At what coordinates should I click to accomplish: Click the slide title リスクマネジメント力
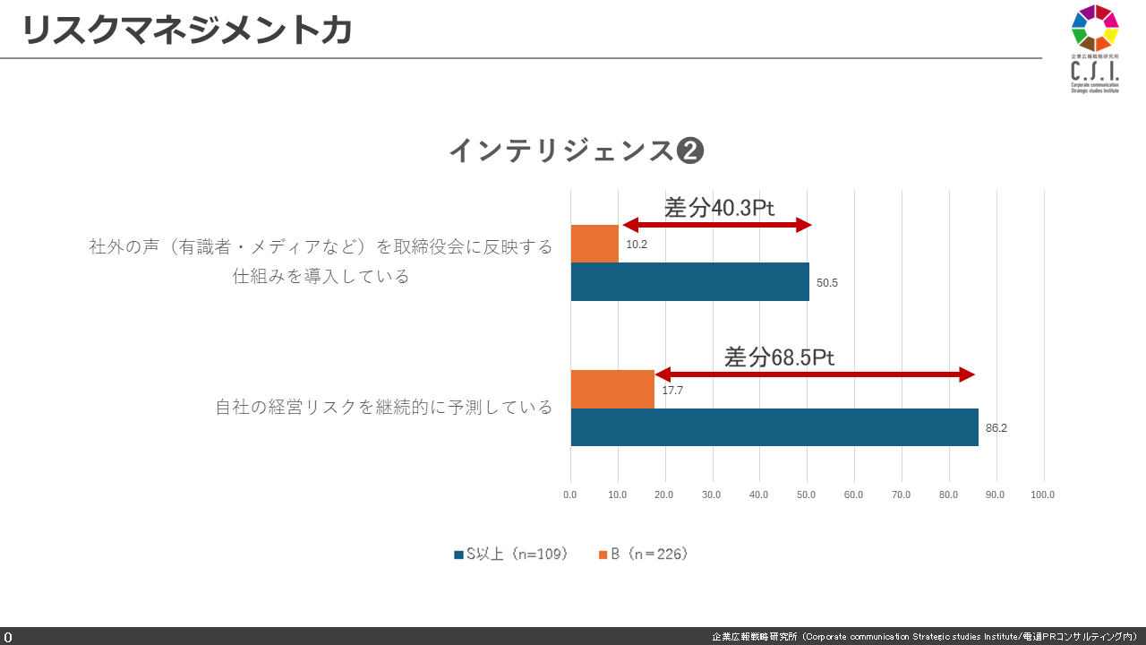click(186, 30)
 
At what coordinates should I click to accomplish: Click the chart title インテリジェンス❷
click(576, 150)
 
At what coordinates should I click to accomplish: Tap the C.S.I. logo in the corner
click(1095, 49)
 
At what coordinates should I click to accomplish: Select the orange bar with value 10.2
click(594, 244)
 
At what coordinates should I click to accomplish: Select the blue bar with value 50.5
click(689, 282)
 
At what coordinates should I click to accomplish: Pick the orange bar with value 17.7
click(612, 390)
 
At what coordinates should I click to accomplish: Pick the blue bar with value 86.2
click(774, 427)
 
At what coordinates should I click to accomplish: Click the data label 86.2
click(996, 428)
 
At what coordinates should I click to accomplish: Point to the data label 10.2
click(637, 245)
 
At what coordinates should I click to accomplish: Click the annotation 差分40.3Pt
click(719, 208)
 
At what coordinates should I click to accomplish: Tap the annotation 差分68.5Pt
click(779, 357)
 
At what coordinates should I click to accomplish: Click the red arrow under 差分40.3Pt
click(716, 225)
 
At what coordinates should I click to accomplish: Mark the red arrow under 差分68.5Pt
click(814, 374)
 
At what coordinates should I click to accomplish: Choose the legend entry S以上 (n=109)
click(510, 555)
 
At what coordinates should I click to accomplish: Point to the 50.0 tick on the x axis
click(807, 494)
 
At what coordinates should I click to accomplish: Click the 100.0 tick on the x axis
click(1042, 494)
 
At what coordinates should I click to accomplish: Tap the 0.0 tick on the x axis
click(570, 494)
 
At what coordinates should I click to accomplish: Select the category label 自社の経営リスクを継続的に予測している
click(384, 408)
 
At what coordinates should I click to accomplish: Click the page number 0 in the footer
click(8, 637)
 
